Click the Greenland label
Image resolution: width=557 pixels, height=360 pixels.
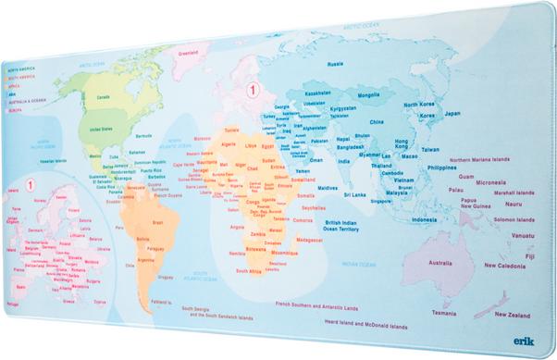[x=190, y=53]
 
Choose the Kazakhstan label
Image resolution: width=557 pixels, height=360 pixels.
[x=317, y=93]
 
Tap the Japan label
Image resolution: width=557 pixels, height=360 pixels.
[x=452, y=113]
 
